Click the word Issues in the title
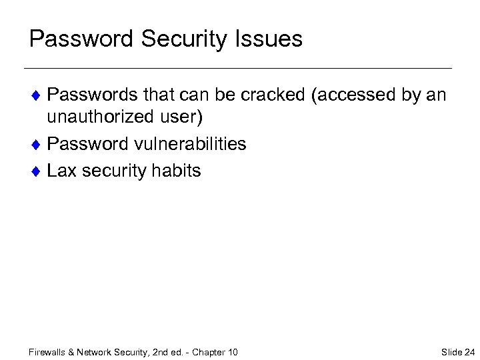[x=271, y=39]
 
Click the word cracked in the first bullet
[x=273, y=95]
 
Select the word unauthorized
[x=104, y=117]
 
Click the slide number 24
[x=469, y=352]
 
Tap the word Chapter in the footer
[x=208, y=352]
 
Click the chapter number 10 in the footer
[x=232, y=352]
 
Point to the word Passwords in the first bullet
[x=91, y=95]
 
